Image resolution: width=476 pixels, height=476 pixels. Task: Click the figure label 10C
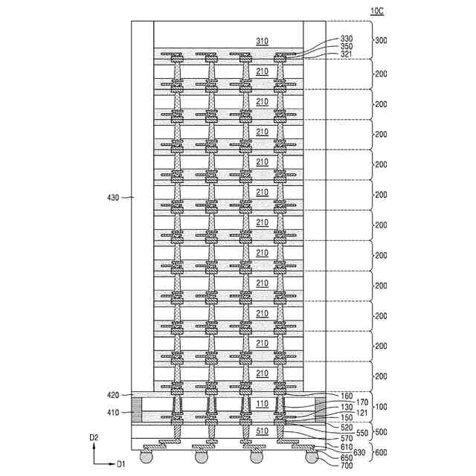(377, 11)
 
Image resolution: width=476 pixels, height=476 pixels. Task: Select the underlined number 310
(262, 42)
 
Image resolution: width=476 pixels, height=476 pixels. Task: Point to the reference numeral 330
(347, 39)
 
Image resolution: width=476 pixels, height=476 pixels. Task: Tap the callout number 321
(347, 54)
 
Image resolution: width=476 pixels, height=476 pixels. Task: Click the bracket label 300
(381, 41)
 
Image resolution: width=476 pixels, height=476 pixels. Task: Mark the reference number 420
(112, 395)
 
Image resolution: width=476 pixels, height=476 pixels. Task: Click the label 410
(112, 411)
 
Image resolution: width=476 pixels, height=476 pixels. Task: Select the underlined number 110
(262, 404)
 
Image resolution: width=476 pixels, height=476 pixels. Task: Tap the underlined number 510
(262, 430)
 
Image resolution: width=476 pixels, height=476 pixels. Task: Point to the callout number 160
(347, 396)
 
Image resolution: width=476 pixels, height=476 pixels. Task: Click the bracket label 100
(381, 407)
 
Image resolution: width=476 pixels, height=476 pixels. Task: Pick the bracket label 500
(381, 432)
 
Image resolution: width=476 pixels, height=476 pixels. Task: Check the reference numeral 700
(347, 466)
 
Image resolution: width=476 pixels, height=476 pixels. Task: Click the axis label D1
(120, 464)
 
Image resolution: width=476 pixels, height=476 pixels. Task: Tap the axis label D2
(94, 439)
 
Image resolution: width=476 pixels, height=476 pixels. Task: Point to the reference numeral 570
(347, 439)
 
